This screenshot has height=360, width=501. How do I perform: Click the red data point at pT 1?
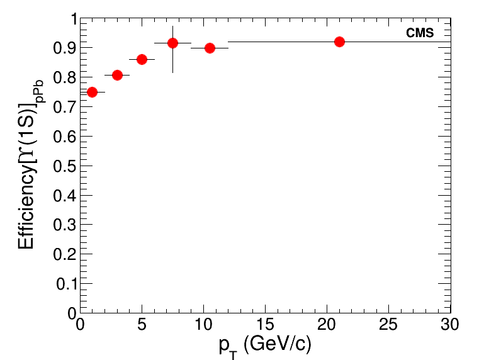(x=93, y=92)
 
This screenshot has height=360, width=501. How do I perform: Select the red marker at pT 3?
(x=117, y=75)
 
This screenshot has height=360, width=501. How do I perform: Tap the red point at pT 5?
(x=142, y=59)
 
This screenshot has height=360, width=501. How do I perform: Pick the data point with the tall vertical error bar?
(x=172, y=43)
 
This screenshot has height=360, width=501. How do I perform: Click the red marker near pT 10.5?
(x=210, y=48)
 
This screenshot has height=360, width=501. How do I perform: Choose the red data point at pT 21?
(x=339, y=42)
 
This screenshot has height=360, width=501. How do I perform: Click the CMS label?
(x=420, y=33)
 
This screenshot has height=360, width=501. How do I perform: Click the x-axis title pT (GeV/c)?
(x=265, y=346)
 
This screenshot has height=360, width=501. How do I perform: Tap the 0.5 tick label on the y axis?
(x=66, y=166)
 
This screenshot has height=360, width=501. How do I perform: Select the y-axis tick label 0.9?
(x=66, y=48)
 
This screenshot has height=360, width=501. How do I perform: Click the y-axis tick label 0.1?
(x=66, y=284)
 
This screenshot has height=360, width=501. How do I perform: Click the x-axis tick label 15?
(x=265, y=325)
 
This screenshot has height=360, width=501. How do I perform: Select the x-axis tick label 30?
(x=450, y=325)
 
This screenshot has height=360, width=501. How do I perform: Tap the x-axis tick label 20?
(x=327, y=325)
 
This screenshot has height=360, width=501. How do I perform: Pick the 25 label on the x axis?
(x=388, y=325)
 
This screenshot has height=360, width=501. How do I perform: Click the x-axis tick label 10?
(x=203, y=325)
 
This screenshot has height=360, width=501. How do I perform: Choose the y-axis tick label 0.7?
(x=66, y=108)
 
